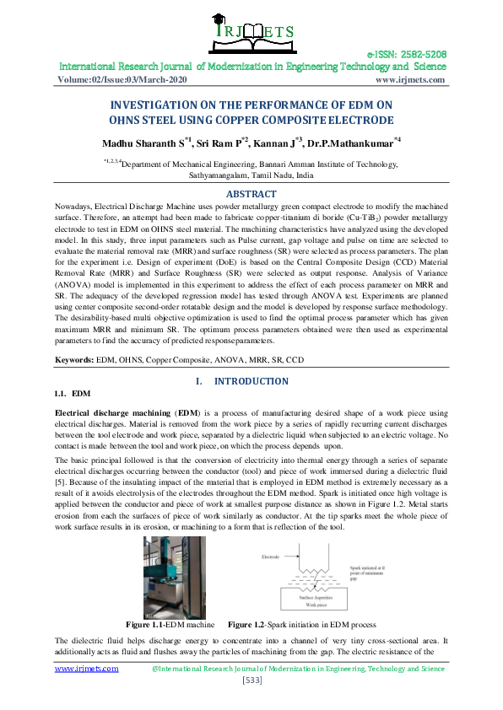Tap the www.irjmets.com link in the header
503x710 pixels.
click(409, 79)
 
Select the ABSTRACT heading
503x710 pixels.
click(251, 194)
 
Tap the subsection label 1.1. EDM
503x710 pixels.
click(72, 394)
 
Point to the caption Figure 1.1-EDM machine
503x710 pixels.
click(174, 625)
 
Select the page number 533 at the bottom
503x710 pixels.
click(251, 680)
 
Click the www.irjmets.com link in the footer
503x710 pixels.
click(87, 668)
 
